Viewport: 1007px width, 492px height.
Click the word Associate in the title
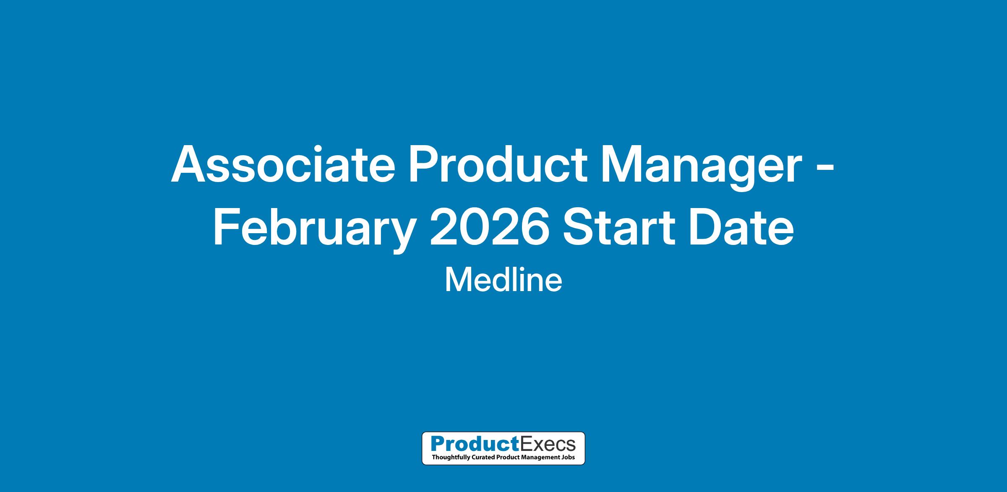point(283,164)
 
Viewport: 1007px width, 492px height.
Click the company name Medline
point(503,280)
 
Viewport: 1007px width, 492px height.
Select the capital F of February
point(227,227)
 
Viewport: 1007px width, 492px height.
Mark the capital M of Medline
point(457,280)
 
